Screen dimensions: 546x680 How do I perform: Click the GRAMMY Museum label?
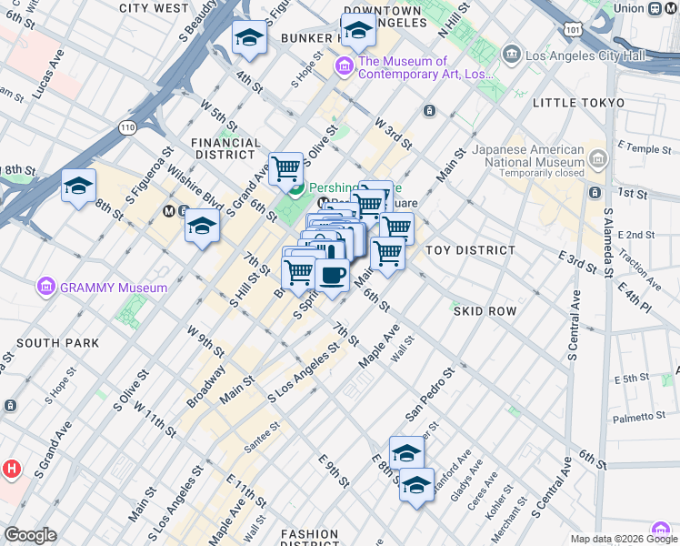[114, 288]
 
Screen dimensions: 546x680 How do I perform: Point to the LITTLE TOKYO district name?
[578, 103]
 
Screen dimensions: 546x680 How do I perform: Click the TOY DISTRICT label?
[470, 249]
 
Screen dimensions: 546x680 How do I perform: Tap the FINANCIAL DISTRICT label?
[225, 149]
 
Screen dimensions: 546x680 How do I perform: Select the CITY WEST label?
[154, 8]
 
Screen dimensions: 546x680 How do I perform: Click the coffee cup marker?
[333, 275]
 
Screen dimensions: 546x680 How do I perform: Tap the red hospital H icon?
[11, 470]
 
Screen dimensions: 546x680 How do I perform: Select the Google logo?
[30, 535]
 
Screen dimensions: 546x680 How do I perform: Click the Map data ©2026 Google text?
[615, 539]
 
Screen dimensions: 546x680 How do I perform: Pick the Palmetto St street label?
[646, 417]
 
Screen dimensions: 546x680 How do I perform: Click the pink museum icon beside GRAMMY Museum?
[46, 288]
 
